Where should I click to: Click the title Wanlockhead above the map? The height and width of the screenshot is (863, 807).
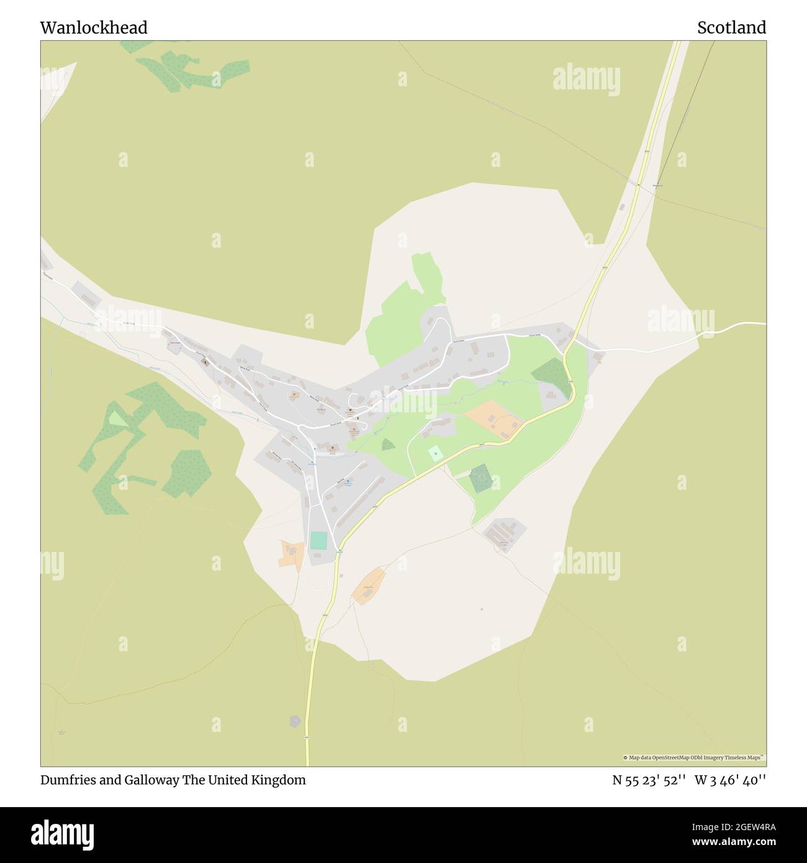tap(94, 27)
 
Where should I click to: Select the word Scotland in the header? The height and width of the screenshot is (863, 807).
tap(731, 27)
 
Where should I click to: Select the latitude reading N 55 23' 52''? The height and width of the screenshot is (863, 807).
tap(649, 780)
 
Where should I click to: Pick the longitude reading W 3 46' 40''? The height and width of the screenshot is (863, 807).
tap(730, 780)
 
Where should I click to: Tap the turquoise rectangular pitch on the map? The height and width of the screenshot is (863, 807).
tap(318, 540)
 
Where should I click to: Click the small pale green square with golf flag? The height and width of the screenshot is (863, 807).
tap(436, 453)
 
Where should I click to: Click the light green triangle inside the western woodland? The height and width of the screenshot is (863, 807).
tap(117, 419)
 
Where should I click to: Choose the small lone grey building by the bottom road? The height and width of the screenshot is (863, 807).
tap(295, 721)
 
